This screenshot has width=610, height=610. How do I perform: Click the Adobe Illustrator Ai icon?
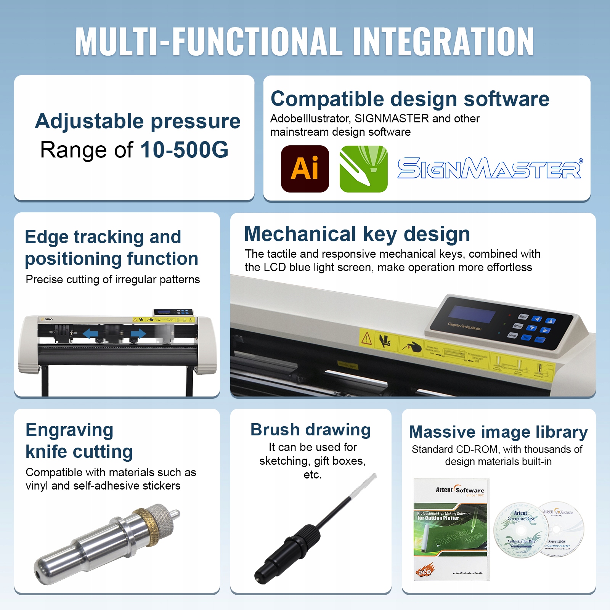click(x=305, y=169)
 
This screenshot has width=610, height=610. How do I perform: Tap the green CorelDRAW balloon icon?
click(x=363, y=169)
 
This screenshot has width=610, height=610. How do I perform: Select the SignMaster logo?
click(x=490, y=169)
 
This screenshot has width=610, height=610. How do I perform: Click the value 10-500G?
click(x=184, y=149)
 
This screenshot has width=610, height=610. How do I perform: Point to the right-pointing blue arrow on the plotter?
click(x=138, y=334)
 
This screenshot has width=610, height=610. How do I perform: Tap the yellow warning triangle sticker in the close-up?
click(x=366, y=338)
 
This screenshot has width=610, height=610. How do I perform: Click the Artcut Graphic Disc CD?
click(x=521, y=530)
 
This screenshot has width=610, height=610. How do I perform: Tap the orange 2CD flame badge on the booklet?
click(x=425, y=571)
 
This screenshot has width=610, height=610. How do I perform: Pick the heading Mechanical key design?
click(x=357, y=234)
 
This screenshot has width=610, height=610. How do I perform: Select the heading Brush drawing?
click(x=310, y=430)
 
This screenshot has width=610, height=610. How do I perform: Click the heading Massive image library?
click(x=498, y=432)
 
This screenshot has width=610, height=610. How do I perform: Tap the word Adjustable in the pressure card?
click(x=89, y=121)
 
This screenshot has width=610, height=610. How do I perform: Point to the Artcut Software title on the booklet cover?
click(x=460, y=490)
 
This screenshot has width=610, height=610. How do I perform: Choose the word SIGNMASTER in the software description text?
click(x=392, y=119)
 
